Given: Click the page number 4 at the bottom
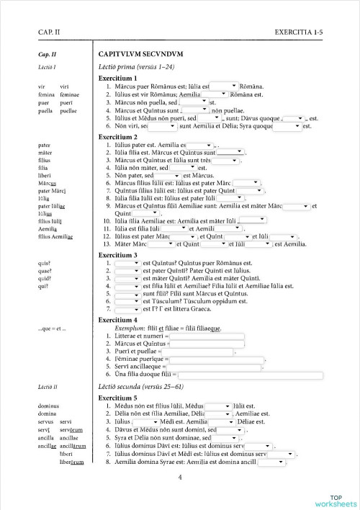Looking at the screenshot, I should coord(180,477).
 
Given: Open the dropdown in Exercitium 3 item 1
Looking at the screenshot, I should coord(127,263).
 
